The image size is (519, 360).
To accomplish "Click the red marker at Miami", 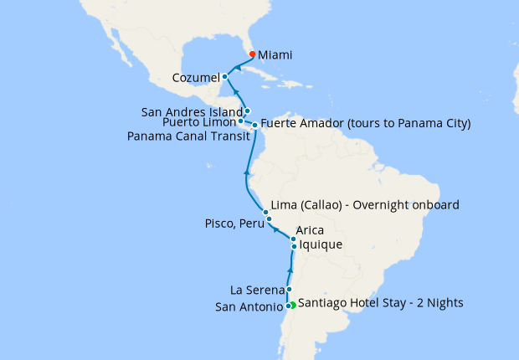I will coord(252,54).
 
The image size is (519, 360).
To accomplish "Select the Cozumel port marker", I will coord(225,77).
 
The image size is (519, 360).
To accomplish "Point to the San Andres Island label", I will coord(192,111).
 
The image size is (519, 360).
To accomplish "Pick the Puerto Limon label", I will coord(198,122).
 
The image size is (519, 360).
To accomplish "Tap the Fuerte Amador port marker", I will coord(254,125).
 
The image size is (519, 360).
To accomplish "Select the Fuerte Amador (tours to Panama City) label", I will coord(366,124).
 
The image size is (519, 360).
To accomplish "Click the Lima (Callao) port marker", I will coord(265,212).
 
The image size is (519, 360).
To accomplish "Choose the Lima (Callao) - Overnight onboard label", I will coord(365,205).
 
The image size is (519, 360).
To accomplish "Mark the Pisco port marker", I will coord(269,219).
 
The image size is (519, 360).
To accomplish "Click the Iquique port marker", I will coord(294,246).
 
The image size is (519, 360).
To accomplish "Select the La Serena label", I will coord(257,291).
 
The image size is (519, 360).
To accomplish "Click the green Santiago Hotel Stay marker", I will coord(292,304).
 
